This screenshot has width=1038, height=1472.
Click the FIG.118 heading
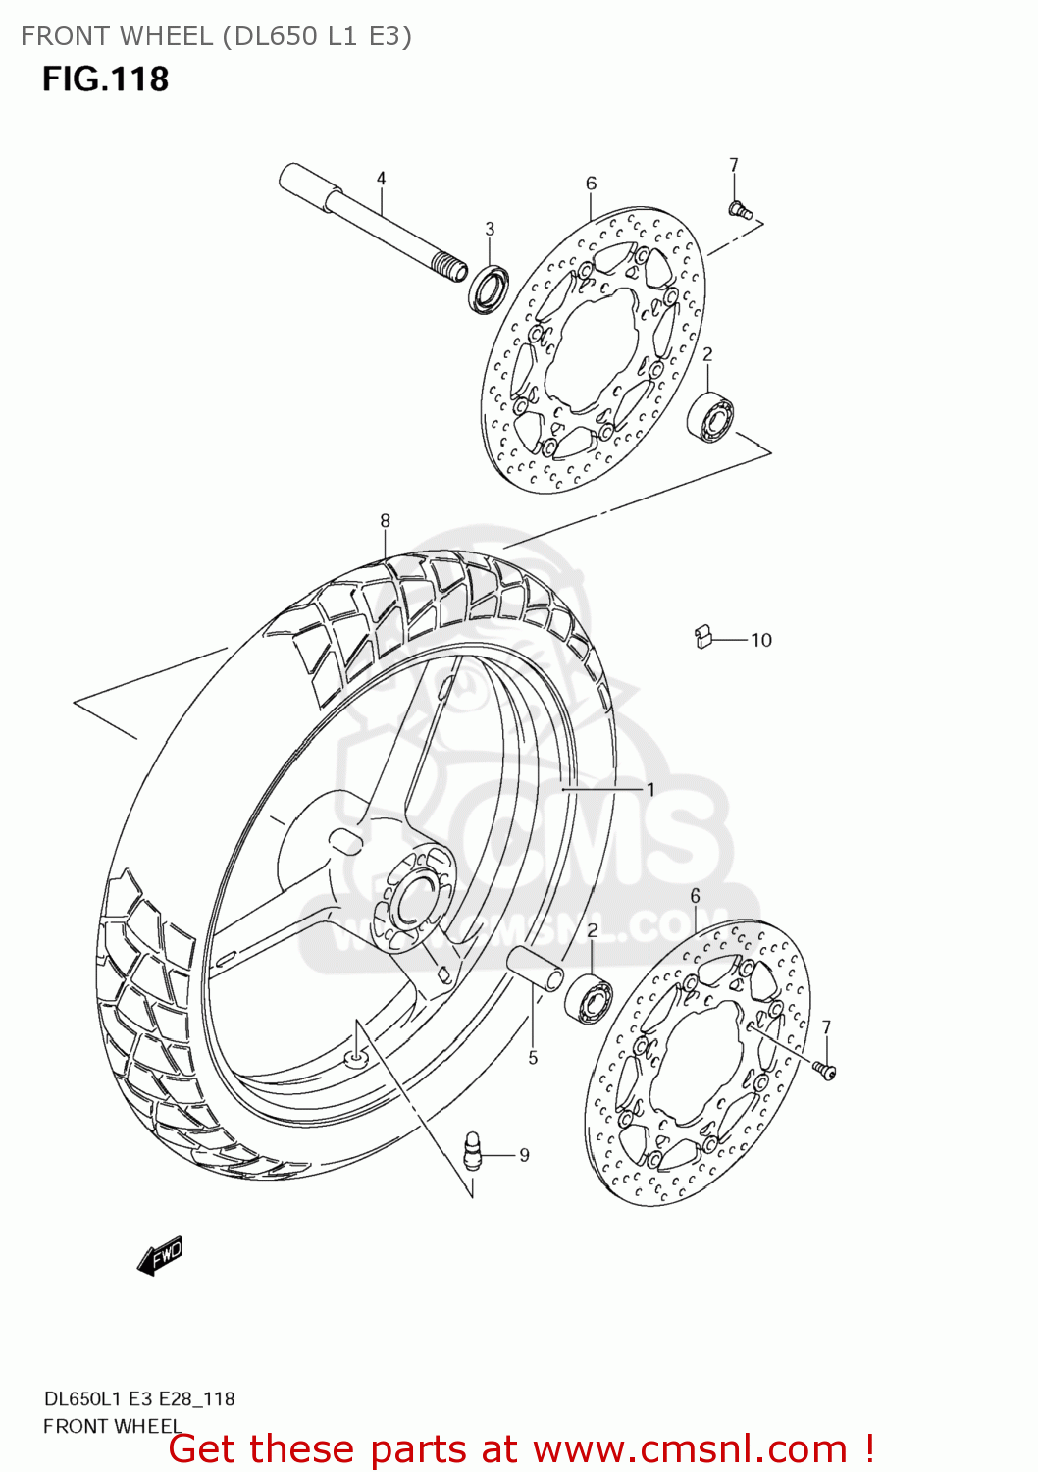(x=105, y=79)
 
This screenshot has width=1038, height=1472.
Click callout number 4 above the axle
(x=381, y=179)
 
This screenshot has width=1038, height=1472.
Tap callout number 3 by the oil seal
(x=490, y=229)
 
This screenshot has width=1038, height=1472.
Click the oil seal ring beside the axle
(x=488, y=289)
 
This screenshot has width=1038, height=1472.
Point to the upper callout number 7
(x=733, y=165)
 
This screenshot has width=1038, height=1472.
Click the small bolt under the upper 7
(x=739, y=208)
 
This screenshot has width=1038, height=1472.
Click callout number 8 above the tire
(x=385, y=520)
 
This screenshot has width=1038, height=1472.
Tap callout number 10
(x=761, y=640)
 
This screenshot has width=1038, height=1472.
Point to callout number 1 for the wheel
(x=649, y=789)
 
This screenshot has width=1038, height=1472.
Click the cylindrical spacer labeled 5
(x=536, y=969)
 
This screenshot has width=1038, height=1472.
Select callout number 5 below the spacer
(x=533, y=1057)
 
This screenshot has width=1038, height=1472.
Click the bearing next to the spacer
(x=589, y=997)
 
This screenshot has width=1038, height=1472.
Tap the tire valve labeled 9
(x=473, y=1149)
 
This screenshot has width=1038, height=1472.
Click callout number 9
(x=524, y=1155)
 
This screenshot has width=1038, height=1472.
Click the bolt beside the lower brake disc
(x=823, y=1070)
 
